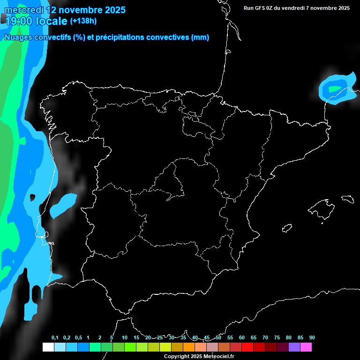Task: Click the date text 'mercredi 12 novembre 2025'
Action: coord(65,10)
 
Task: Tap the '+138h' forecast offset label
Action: coord(83,21)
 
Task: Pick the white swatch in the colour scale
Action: coord(48,347)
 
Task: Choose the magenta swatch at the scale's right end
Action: coord(306,347)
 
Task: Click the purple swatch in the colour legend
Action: coord(294,347)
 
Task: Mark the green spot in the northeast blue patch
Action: coord(334,88)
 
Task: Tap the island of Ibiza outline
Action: coord(287,228)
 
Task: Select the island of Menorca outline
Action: coord(347,198)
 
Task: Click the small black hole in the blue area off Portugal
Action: coord(32,197)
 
